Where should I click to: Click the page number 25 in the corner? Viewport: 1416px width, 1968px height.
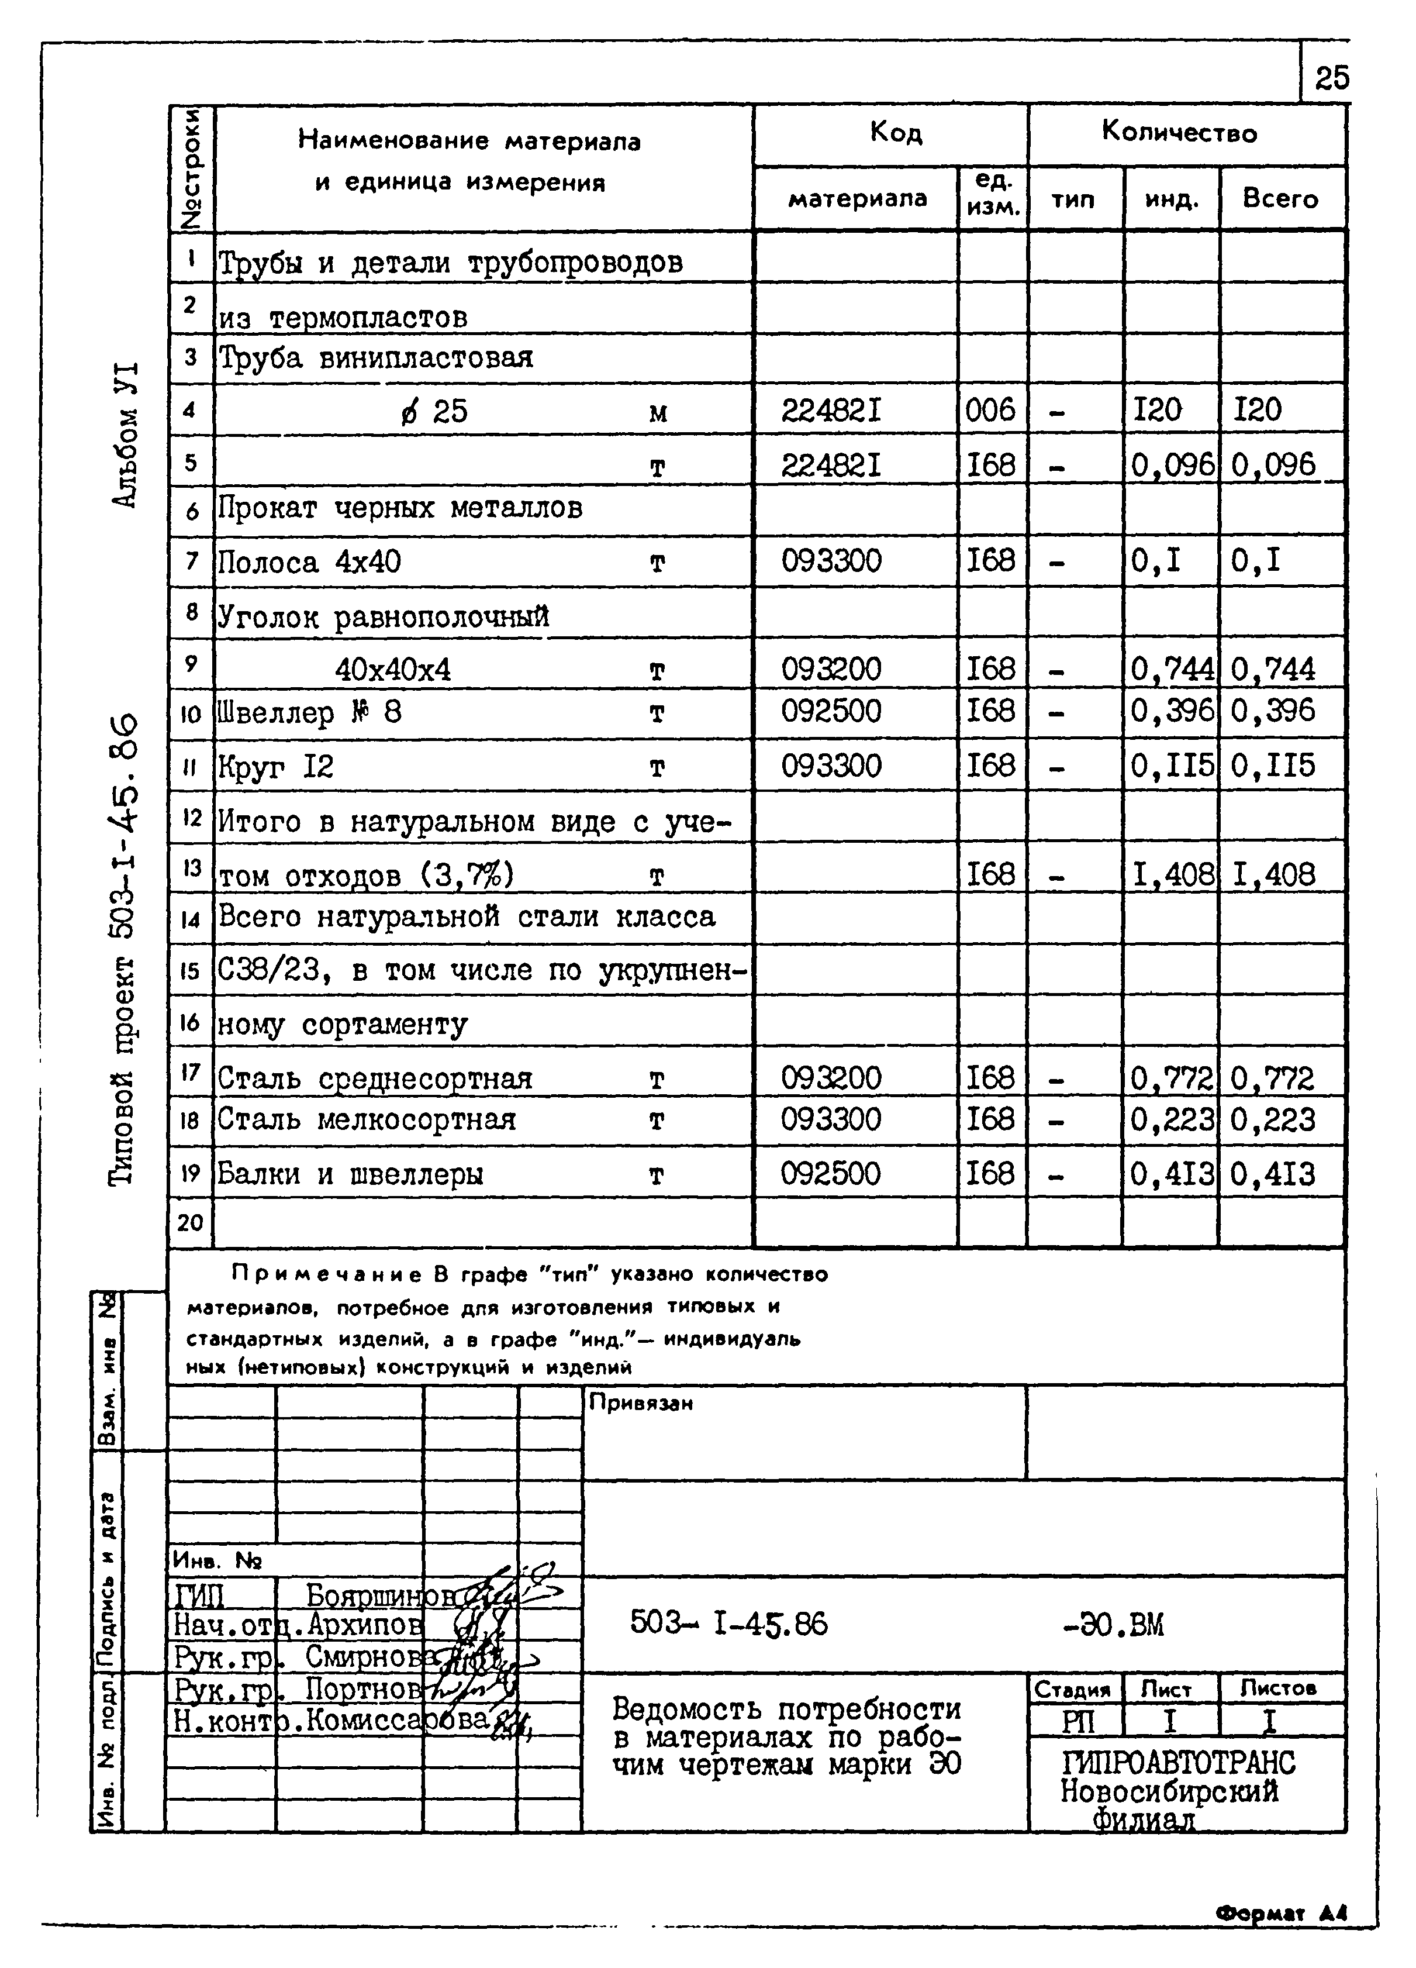(1331, 79)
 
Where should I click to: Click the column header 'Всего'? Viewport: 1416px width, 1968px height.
(1280, 199)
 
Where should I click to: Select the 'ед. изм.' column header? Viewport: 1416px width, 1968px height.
(993, 194)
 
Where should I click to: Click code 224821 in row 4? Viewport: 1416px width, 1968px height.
(831, 409)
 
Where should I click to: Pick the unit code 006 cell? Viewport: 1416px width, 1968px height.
(990, 409)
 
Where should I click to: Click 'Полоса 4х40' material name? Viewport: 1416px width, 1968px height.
(309, 562)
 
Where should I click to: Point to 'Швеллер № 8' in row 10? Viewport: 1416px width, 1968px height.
(309, 714)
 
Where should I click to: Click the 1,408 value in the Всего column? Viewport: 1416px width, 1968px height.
(1273, 874)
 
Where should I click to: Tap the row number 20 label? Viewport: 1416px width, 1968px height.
(190, 1223)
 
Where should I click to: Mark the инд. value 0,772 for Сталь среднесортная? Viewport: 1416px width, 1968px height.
(1170, 1078)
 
